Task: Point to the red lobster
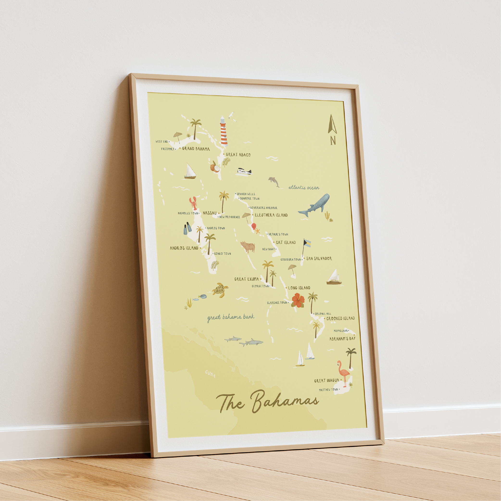(193, 203)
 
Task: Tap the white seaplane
(244, 172)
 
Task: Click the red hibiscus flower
(298, 300)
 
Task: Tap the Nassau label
(210, 213)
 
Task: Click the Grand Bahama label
(196, 149)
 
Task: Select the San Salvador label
(319, 258)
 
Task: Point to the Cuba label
(210, 374)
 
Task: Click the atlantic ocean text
(304, 187)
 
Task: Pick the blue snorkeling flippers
(188, 228)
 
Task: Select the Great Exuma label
(246, 279)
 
